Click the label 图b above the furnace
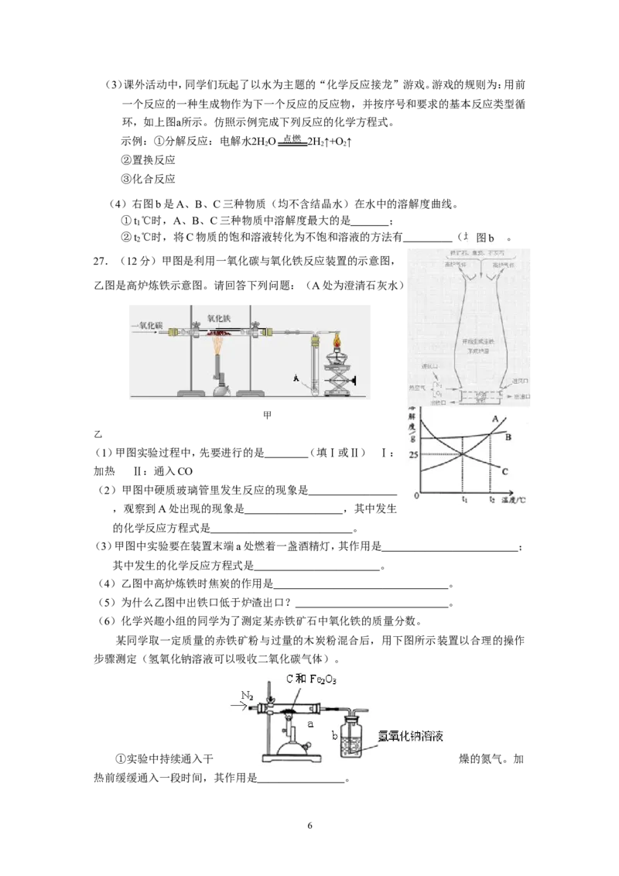(x=486, y=238)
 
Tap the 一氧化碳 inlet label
(x=145, y=326)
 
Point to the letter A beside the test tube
(x=296, y=378)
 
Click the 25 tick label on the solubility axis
(x=414, y=453)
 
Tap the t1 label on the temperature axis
(x=464, y=501)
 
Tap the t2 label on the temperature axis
(x=492, y=501)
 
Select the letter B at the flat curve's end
(x=509, y=437)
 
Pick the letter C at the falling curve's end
(x=504, y=471)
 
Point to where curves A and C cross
(x=463, y=453)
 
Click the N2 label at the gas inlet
(x=247, y=696)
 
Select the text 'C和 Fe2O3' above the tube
(x=313, y=679)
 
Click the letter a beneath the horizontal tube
(x=310, y=724)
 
